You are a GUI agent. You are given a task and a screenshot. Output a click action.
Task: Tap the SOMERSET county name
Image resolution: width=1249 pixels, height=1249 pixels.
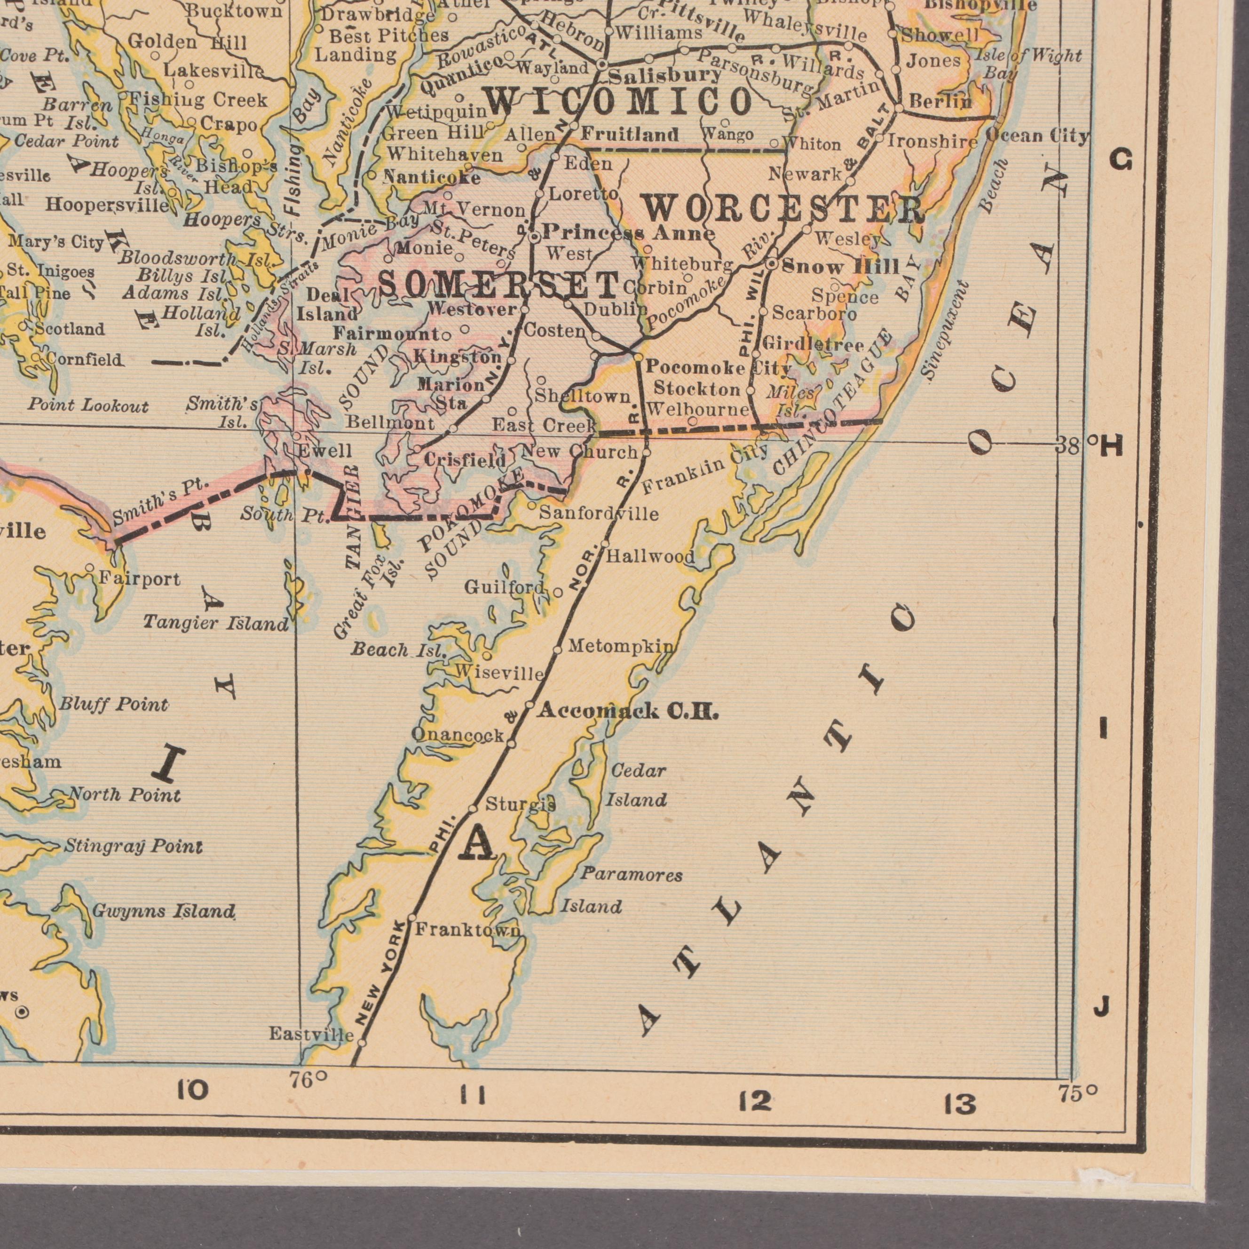(x=498, y=285)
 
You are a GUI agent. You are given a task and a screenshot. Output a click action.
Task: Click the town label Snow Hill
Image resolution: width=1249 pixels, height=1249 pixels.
(x=840, y=266)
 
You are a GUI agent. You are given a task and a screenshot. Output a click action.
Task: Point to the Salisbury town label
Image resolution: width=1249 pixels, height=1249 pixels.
(x=664, y=76)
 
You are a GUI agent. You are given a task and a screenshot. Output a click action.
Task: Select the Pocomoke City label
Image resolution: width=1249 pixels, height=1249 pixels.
(x=718, y=368)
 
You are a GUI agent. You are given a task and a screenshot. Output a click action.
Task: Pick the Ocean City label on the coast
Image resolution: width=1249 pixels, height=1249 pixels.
(x=1037, y=136)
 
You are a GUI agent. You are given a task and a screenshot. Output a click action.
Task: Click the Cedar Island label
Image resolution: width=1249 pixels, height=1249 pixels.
(x=637, y=785)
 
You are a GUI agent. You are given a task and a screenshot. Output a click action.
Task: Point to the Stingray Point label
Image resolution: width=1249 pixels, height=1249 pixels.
(x=133, y=846)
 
